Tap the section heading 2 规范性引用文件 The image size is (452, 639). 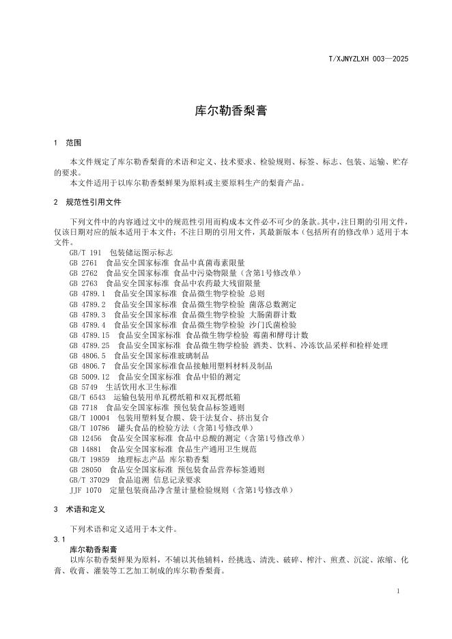pos(87,203)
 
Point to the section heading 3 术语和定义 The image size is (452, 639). pos(79,510)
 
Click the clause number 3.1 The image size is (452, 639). pos(59,539)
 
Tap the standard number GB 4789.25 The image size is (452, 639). pos(89,345)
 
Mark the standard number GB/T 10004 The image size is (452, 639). pos(89,418)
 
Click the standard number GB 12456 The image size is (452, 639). pos(85,438)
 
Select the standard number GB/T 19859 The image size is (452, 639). pos(89,459)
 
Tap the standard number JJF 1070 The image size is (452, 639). pos(85,489)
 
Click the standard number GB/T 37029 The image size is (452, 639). pos(89,479)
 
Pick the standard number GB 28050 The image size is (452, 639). pos(85,469)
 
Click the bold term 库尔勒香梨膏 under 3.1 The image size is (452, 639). pos(94,549)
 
